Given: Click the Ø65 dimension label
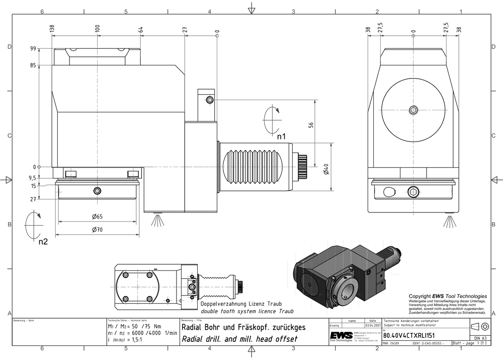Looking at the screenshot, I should click(x=97, y=217).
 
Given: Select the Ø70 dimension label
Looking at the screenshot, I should click(x=97, y=230).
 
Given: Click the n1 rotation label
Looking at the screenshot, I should click(x=281, y=136).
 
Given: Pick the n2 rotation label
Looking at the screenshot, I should click(x=43, y=241).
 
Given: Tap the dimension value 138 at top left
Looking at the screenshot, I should click(x=52, y=31).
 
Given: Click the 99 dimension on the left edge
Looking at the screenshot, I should click(x=33, y=49).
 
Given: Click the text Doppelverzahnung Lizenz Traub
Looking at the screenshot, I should click(x=240, y=305).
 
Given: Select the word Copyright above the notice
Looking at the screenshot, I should click(x=420, y=296).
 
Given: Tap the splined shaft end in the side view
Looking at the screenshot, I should click(x=303, y=167).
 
